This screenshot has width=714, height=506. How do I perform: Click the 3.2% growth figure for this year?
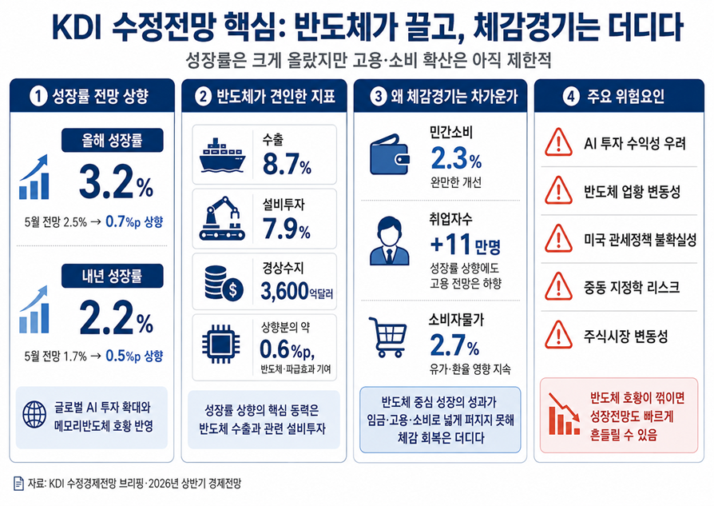[117, 182]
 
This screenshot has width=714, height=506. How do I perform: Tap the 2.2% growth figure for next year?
[117, 317]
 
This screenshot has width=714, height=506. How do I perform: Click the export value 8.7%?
[287, 164]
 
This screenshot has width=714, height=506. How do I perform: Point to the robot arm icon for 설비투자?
[222, 218]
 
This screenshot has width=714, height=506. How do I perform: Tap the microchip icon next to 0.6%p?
[221, 344]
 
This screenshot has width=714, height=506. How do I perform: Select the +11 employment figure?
[450, 244]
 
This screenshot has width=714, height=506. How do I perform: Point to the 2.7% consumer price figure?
[454, 345]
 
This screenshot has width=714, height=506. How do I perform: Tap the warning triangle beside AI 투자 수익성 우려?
[558, 142]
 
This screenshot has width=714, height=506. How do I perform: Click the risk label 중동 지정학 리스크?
[632, 287]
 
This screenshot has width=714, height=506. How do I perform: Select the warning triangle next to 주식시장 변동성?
[558, 335]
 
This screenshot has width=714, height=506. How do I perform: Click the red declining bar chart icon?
[565, 414]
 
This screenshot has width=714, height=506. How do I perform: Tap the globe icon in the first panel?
[34, 415]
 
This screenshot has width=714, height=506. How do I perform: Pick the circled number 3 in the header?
[378, 96]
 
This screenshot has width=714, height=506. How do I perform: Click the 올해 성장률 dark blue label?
[113, 140]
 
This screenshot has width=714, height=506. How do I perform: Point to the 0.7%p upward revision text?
[134, 222]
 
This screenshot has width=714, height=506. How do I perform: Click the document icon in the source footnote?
[18, 484]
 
